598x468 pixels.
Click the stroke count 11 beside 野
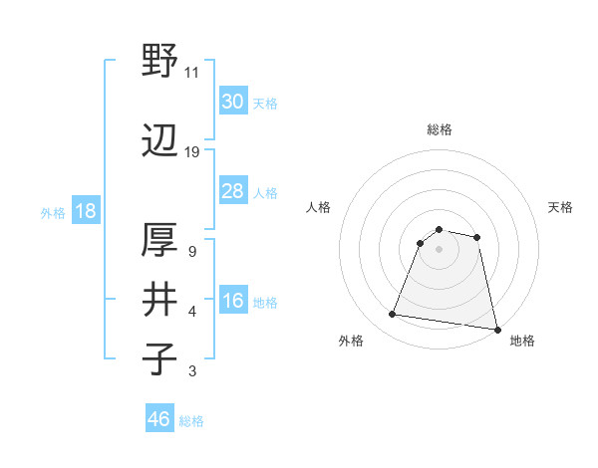tap(191, 73)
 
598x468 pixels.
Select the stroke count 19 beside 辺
tap(191, 152)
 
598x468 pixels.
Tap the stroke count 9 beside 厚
tap(191, 252)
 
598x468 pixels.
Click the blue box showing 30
tap(232, 102)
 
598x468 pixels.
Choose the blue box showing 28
tap(232, 191)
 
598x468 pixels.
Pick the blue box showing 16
tap(232, 302)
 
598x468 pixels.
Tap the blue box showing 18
tap(85, 211)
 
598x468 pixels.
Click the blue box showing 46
tap(159, 419)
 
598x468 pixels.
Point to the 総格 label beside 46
tap(191, 421)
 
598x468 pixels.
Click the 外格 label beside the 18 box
tap(52, 212)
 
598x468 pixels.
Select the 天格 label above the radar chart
tap(560, 207)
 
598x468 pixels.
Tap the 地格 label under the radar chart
tap(522, 341)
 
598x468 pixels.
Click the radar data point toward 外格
tap(392, 315)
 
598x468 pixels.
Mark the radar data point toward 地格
tap(495, 329)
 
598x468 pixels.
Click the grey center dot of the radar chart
tap(439, 248)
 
